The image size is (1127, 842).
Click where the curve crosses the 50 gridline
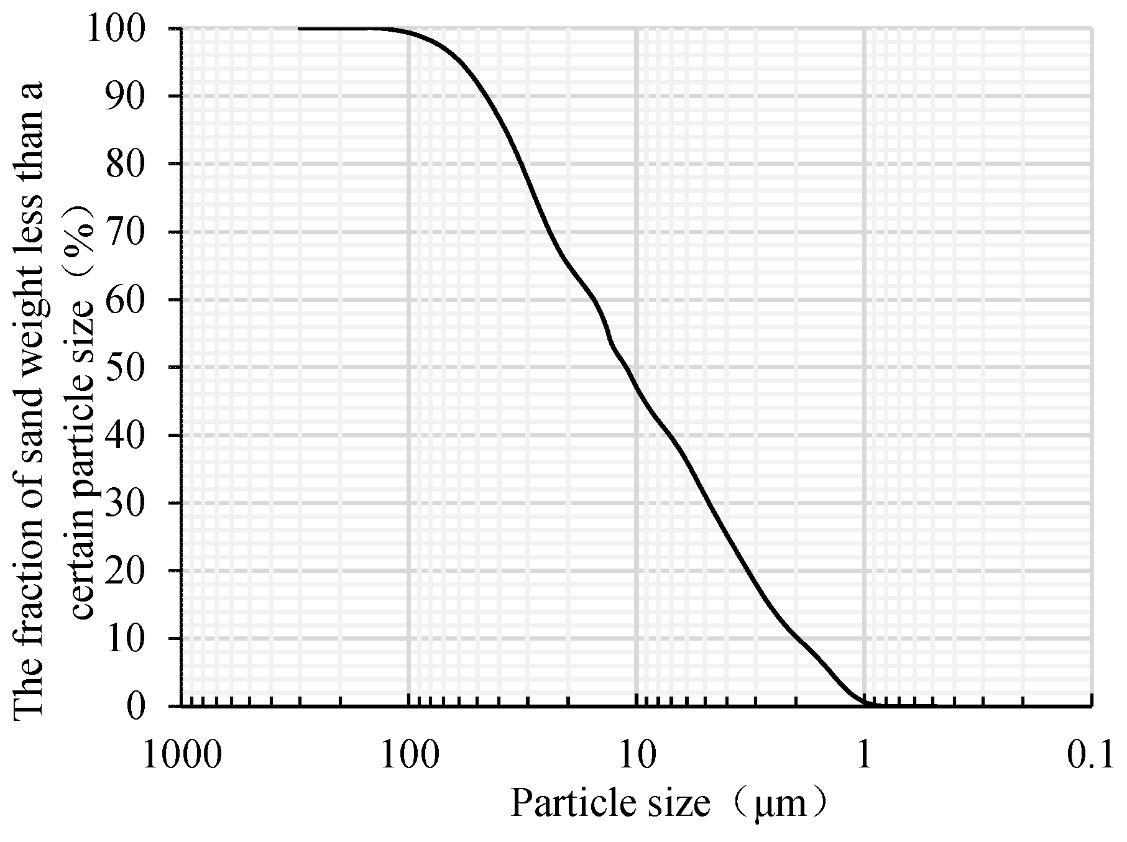pyautogui.click(x=625, y=367)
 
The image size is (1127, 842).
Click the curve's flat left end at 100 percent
pyautogui.click(x=301, y=29)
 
